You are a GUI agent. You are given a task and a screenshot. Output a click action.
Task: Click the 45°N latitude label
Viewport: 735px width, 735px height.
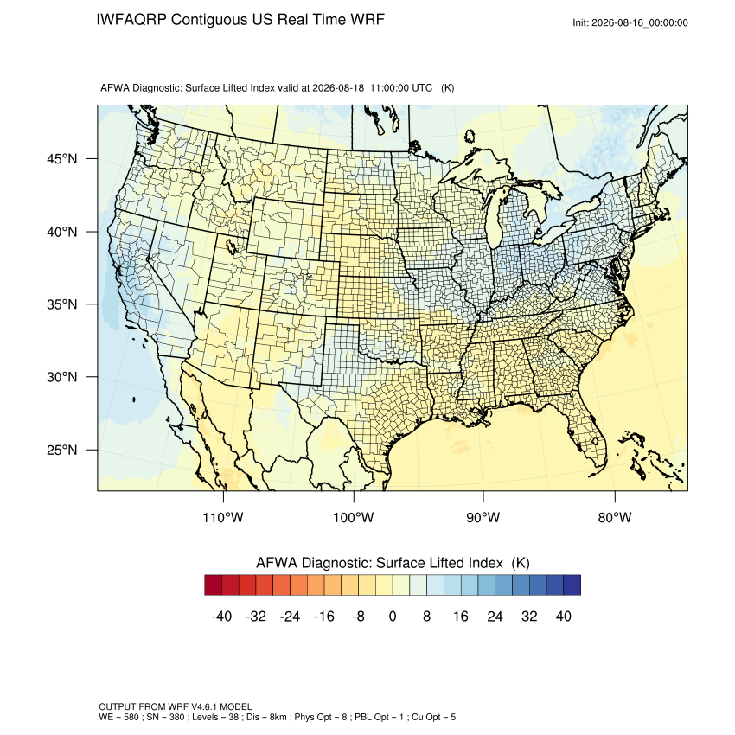tap(61, 159)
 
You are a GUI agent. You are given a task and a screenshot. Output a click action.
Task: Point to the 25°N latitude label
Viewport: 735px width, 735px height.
tap(61, 450)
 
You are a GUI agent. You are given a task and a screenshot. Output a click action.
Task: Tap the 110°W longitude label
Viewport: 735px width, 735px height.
tap(223, 517)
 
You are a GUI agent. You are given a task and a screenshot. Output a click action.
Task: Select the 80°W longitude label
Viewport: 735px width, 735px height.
tap(615, 517)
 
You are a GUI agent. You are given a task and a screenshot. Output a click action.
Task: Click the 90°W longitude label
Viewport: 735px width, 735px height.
tap(483, 517)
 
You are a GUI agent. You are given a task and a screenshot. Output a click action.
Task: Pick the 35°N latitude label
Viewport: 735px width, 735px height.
tap(61, 304)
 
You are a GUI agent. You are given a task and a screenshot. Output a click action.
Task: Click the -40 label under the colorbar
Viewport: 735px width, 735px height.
tap(221, 616)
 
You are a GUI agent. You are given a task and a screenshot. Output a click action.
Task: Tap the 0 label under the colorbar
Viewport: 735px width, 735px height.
tap(393, 616)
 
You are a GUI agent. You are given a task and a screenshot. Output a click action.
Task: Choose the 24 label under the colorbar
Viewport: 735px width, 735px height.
tap(495, 616)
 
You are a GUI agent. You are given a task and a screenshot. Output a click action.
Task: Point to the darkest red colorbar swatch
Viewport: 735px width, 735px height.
tap(214, 585)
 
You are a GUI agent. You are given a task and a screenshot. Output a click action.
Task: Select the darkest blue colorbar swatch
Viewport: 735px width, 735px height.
tap(572, 585)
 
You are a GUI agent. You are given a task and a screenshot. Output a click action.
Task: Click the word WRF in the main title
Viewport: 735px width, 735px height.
tap(368, 20)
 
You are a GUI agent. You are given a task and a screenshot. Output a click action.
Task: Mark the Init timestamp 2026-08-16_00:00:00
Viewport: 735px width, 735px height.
tap(640, 23)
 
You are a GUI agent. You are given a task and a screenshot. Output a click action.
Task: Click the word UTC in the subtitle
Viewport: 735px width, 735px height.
tap(422, 88)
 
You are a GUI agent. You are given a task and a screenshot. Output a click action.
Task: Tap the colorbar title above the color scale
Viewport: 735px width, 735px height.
tap(393, 563)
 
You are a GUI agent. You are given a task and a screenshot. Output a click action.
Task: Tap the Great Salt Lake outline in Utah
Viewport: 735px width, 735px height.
tap(231, 246)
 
